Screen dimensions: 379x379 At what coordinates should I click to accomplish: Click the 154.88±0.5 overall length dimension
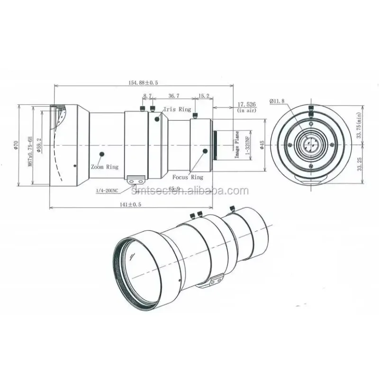tap(143, 82)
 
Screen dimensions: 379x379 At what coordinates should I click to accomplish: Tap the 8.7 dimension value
tap(147, 96)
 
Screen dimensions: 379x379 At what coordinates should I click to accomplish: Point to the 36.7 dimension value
tap(173, 96)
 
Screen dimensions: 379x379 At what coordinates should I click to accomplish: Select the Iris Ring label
tap(177, 109)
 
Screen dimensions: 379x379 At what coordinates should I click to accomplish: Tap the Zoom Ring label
tap(105, 167)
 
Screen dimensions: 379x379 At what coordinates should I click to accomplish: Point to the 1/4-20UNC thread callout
tap(107, 190)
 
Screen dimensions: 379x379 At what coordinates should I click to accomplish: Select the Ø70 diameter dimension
tap(16, 145)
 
